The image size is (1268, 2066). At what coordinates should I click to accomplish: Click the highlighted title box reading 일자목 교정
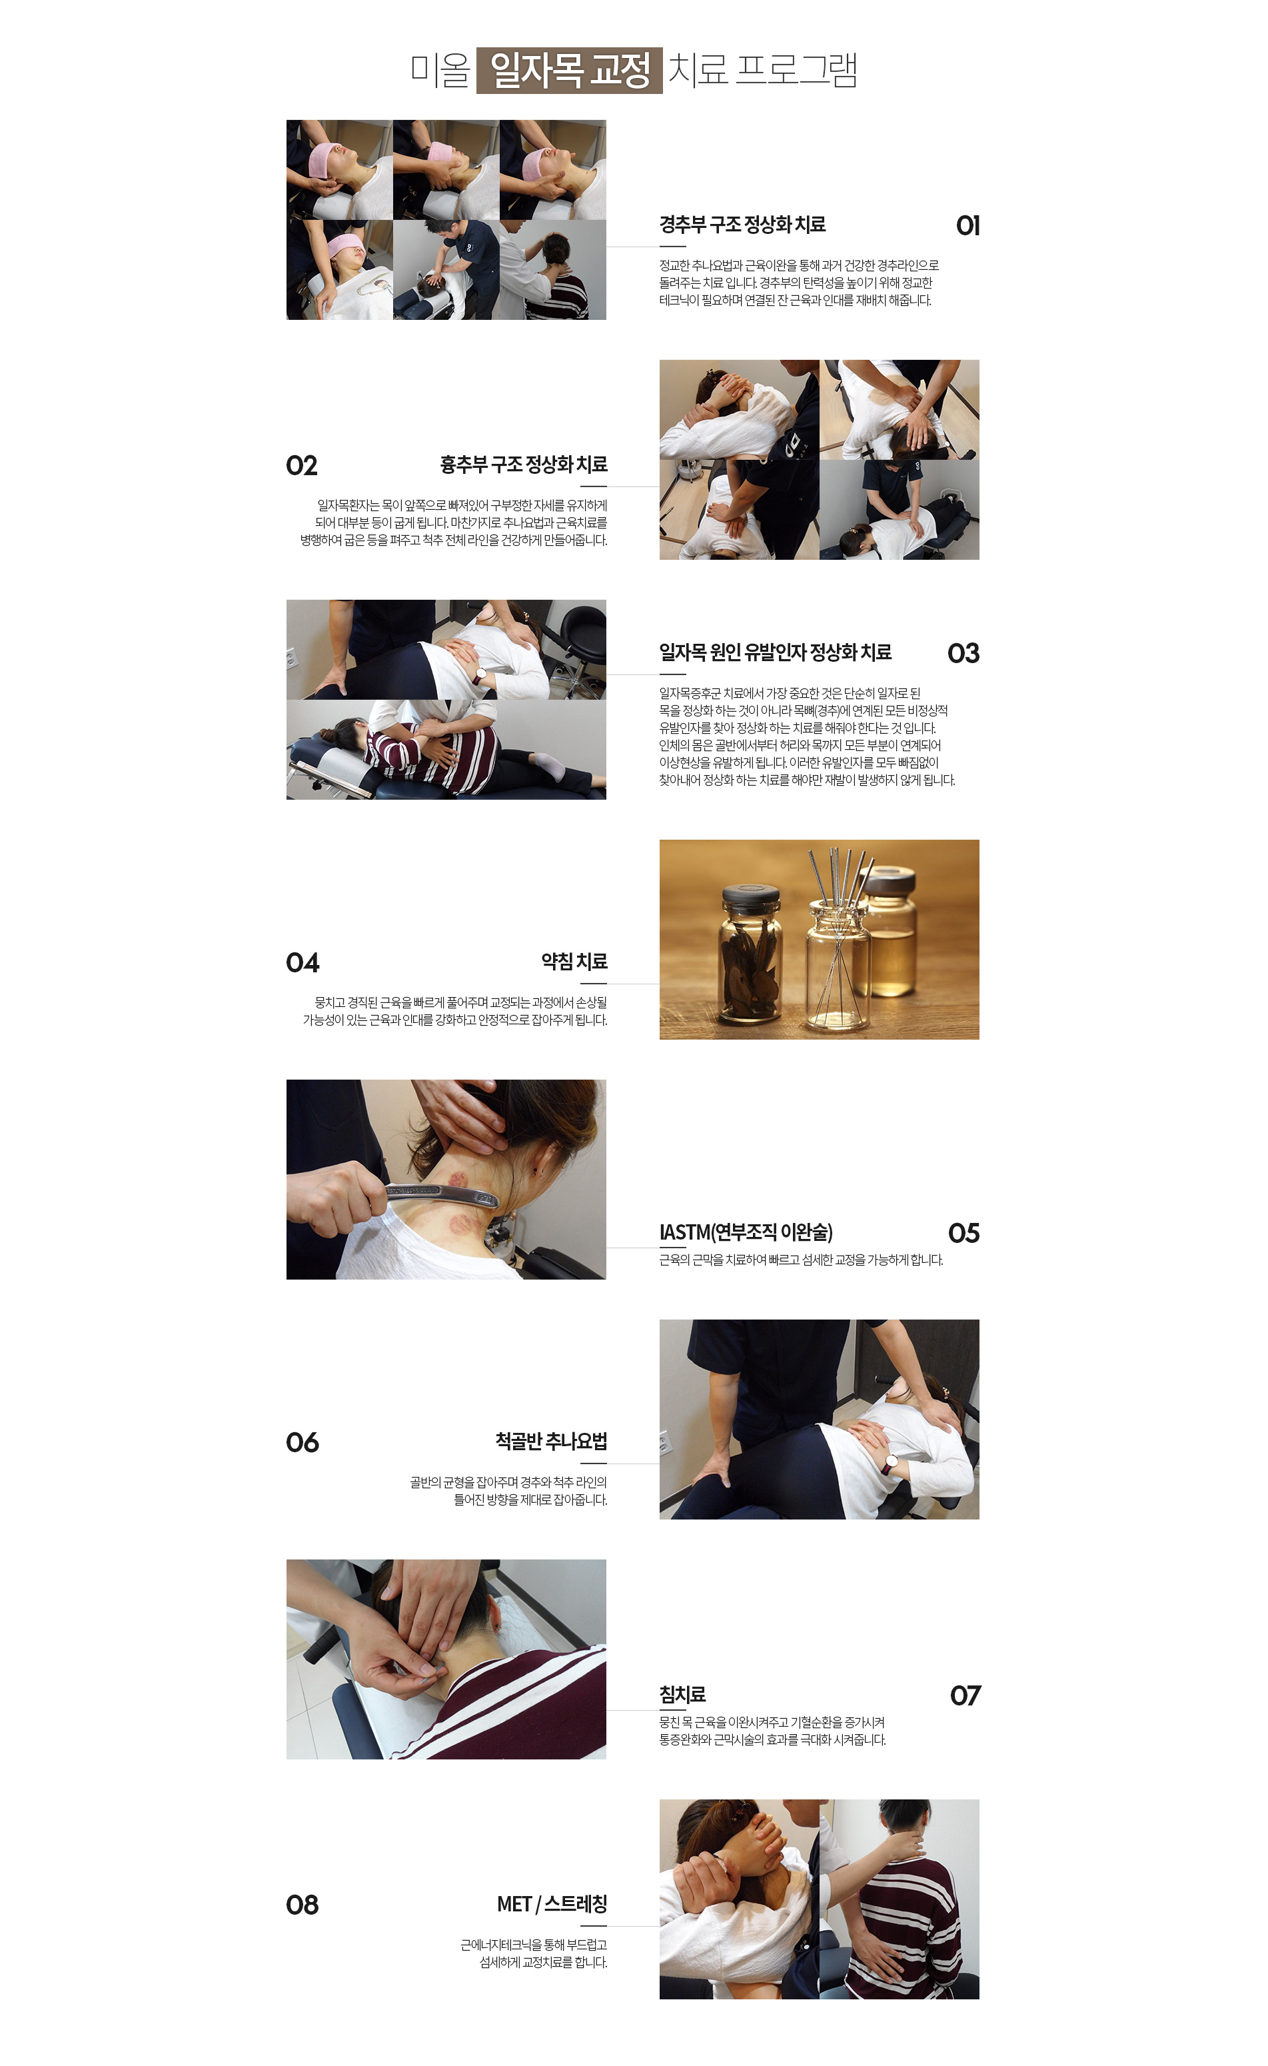click(570, 71)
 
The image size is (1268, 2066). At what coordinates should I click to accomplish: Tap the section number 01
click(967, 226)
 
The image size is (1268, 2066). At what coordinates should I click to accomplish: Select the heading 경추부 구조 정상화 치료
click(742, 225)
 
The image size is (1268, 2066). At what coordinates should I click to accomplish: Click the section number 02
click(302, 466)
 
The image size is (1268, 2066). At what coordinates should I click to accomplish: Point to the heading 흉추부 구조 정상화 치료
click(524, 465)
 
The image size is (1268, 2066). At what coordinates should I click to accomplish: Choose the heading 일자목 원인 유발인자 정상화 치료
click(775, 652)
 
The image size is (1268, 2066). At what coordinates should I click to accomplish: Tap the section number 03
click(963, 653)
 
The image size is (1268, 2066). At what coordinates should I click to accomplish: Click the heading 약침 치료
click(574, 961)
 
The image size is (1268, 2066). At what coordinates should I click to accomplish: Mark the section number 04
click(303, 962)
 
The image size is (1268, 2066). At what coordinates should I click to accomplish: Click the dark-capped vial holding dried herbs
click(752, 953)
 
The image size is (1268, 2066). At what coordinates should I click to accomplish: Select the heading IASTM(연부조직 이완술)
click(746, 1232)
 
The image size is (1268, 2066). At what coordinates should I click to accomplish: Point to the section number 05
click(964, 1233)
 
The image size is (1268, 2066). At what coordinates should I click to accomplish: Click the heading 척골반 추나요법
click(551, 1441)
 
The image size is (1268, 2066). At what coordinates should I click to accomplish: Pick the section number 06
click(302, 1442)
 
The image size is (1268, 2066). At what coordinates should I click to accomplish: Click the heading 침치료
click(682, 1694)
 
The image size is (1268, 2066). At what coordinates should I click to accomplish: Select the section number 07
click(965, 1695)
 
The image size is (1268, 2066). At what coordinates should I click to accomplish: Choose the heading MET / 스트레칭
click(552, 1904)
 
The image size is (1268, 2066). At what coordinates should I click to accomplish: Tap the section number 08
click(302, 1905)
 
